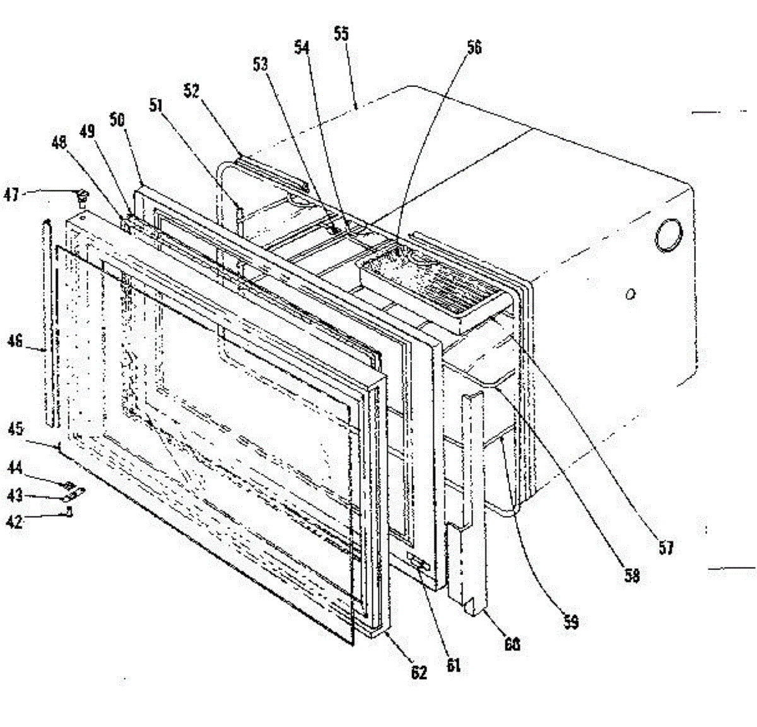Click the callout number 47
click(12, 195)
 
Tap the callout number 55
click(341, 33)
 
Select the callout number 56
click(474, 47)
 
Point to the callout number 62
click(418, 673)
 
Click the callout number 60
click(512, 644)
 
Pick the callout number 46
click(15, 341)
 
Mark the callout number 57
click(666, 547)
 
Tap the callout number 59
click(570, 622)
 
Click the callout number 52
click(191, 91)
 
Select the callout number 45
click(15, 429)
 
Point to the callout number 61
click(453, 665)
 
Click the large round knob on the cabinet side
click(668, 235)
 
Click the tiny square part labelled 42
click(69, 513)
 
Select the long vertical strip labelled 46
click(48, 322)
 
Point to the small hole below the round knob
click(630, 294)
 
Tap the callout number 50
click(117, 120)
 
